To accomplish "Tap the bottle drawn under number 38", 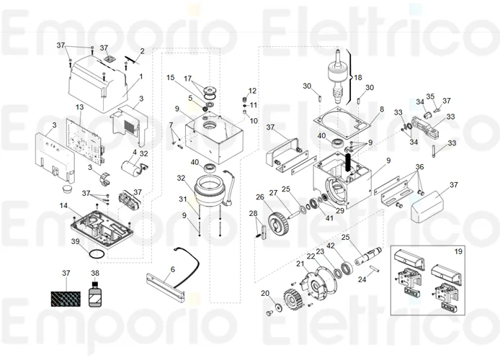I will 94,297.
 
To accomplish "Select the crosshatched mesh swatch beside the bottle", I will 66,297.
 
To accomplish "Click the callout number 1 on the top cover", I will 141,76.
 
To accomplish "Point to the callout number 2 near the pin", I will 142,50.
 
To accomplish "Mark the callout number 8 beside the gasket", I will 382,109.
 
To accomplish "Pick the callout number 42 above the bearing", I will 331,246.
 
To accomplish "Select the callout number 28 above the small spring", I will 253,213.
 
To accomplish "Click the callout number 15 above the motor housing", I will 171,77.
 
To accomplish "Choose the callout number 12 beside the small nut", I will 252,90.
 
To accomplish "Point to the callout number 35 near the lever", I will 430,96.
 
